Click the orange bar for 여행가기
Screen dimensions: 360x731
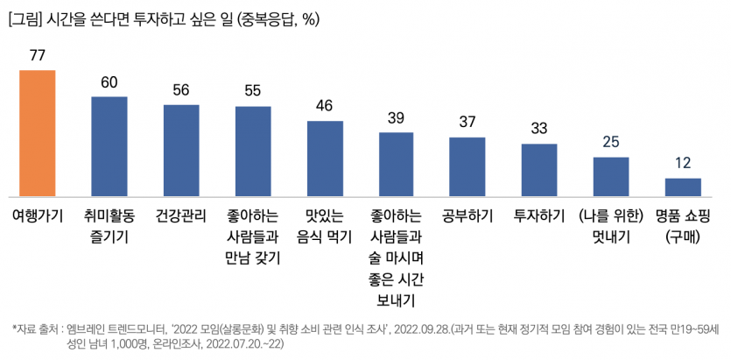(38, 133)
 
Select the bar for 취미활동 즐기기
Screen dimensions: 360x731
(109, 147)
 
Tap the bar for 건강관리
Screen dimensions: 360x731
(181, 151)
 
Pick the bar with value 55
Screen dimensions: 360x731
(253, 152)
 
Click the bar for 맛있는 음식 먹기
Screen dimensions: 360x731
(325, 159)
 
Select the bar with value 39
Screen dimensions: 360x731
(396, 165)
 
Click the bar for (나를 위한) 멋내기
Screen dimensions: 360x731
(611, 177)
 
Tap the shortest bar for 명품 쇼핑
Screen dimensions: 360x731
(683, 187)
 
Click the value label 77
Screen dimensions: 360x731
(38, 55)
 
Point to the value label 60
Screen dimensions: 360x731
(109, 82)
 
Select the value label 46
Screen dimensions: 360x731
(325, 106)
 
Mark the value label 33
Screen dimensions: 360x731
(539, 128)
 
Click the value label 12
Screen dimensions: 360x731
(683, 163)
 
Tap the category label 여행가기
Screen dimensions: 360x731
(38, 215)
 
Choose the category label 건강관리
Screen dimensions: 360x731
(181, 215)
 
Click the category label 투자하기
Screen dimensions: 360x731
(539, 215)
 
